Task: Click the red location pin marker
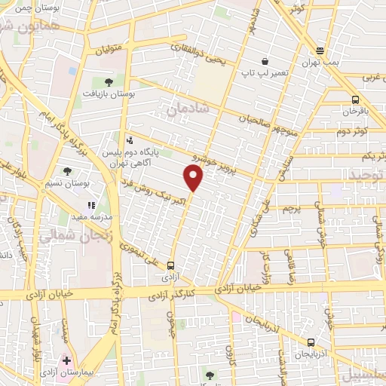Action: tap(194, 178)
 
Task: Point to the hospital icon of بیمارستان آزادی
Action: tap(68, 360)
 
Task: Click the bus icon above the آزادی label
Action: tap(171, 265)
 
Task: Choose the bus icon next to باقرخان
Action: tap(355, 100)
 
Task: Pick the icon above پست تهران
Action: tap(320, 51)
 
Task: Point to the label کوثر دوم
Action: tap(353, 130)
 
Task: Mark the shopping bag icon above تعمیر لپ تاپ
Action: tap(265, 61)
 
